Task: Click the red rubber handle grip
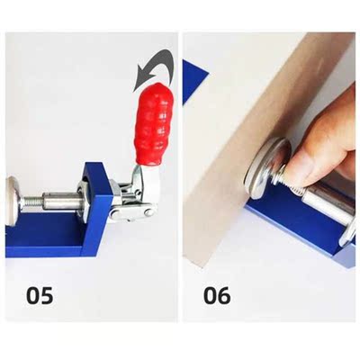pos(150,125)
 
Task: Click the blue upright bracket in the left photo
pos(94,193)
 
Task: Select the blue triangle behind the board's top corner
pos(193,79)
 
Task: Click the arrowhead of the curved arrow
pos(139,82)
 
